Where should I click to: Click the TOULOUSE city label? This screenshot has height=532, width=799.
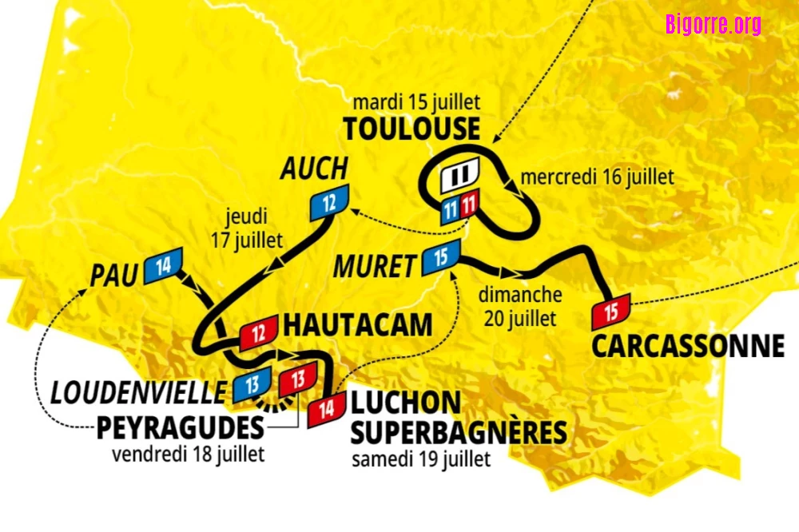pos(411,129)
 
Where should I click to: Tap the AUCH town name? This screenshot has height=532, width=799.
pos(314,169)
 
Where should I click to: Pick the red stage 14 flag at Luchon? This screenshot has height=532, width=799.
pos(326,411)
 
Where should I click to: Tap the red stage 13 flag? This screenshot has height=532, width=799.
pos(298,379)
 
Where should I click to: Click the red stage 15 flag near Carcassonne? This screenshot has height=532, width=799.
pos(611,312)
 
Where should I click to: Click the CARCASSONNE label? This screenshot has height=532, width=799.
pos(688,346)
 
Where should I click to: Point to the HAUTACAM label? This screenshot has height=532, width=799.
pos(358,325)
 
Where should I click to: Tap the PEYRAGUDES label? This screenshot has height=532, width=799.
pos(180,427)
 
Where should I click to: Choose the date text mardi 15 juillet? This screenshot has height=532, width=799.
pos(416,103)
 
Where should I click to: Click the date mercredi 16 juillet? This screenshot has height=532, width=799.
pos(597,177)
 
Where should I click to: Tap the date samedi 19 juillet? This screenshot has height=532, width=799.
pos(421,459)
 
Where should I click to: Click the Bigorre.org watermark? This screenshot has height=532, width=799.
pos(713,24)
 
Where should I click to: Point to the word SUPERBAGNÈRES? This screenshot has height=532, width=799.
pos(459,432)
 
